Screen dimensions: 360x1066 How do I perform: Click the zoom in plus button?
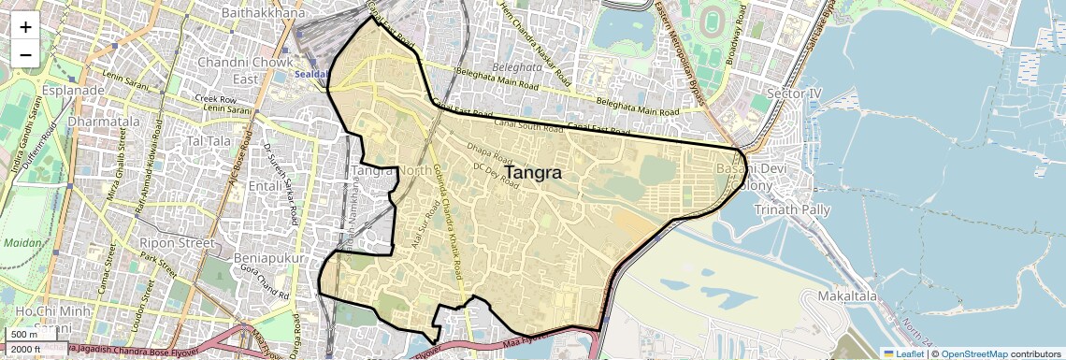pyautogui.click(x=25, y=26)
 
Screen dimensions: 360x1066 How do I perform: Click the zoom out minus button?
pyautogui.click(x=25, y=54)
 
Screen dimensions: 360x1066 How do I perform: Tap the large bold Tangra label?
pyautogui.click(x=533, y=173)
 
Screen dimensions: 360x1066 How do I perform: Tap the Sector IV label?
pyautogui.click(x=793, y=94)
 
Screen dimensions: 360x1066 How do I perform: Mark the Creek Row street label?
pyautogui.click(x=215, y=98)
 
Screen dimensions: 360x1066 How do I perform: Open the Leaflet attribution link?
pyautogui.click(x=902, y=353)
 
